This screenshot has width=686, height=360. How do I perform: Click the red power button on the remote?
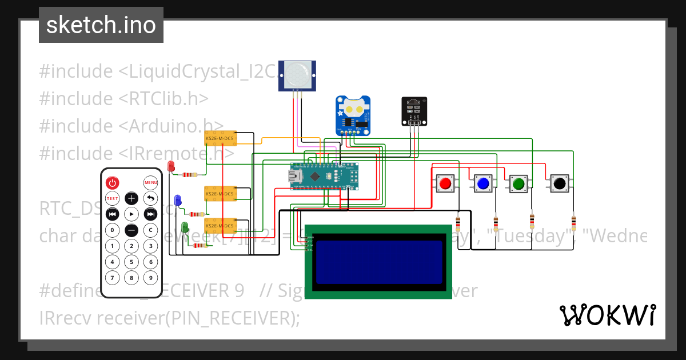point(113,183)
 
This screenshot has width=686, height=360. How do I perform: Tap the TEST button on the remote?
point(113,199)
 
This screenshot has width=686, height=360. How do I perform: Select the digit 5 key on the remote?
point(131,262)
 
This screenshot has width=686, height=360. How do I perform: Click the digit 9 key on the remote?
point(150,278)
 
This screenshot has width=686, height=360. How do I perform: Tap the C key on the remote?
point(150,230)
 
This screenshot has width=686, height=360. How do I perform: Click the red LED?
point(171,166)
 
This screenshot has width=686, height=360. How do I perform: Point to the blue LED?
point(178,199)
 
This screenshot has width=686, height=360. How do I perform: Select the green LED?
point(185,227)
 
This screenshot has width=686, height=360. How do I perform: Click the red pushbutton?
point(445,183)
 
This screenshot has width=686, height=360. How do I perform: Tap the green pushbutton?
point(519,183)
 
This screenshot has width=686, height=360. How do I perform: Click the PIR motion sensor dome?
point(297,73)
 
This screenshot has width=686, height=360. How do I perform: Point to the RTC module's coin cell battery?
point(353,107)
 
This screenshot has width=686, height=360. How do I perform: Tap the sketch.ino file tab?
point(101,25)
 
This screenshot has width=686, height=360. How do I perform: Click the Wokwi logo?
point(607,315)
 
